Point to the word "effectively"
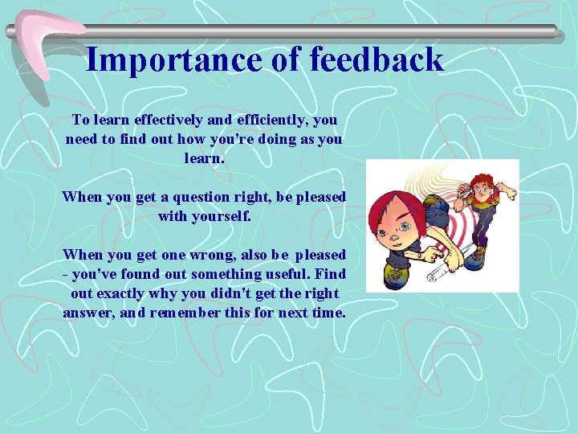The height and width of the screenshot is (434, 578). pyautogui.click(x=169, y=120)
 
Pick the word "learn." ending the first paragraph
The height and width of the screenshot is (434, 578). pyautogui.click(x=205, y=158)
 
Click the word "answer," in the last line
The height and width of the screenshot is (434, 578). pyautogui.click(x=88, y=313)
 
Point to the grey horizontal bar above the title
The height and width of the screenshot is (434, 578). pyautogui.click(x=321, y=31)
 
